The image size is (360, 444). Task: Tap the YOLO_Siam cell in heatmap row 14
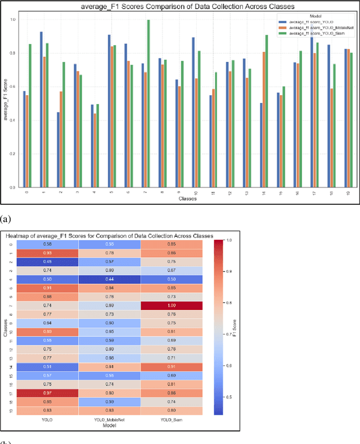pos(172,367)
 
